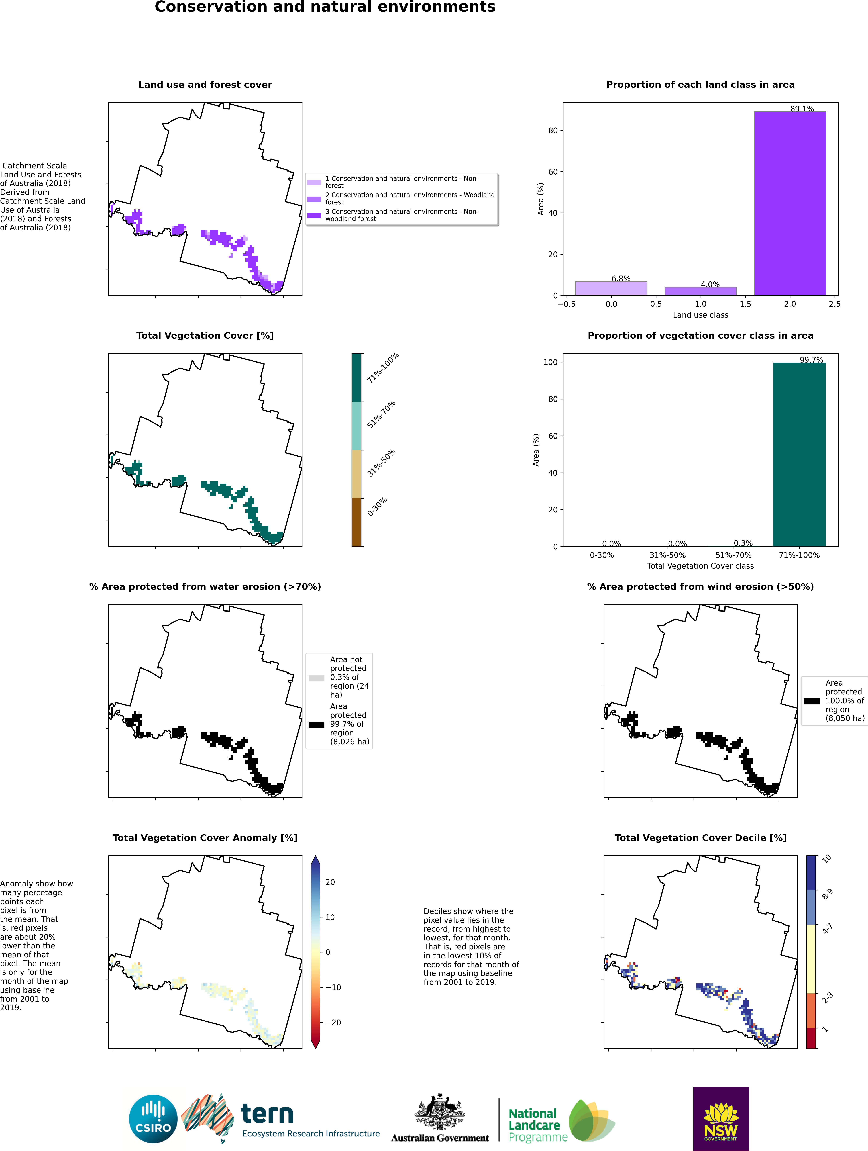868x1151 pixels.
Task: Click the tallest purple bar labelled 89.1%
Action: (x=790, y=203)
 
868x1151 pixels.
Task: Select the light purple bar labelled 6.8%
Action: (x=611, y=288)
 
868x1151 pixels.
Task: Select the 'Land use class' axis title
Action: (x=700, y=315)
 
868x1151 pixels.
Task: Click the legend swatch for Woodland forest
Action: (x=314, y=199)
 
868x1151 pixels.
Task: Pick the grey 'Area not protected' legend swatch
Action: (x=316, y=678)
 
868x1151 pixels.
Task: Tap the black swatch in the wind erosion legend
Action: (x=812, y=701)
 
